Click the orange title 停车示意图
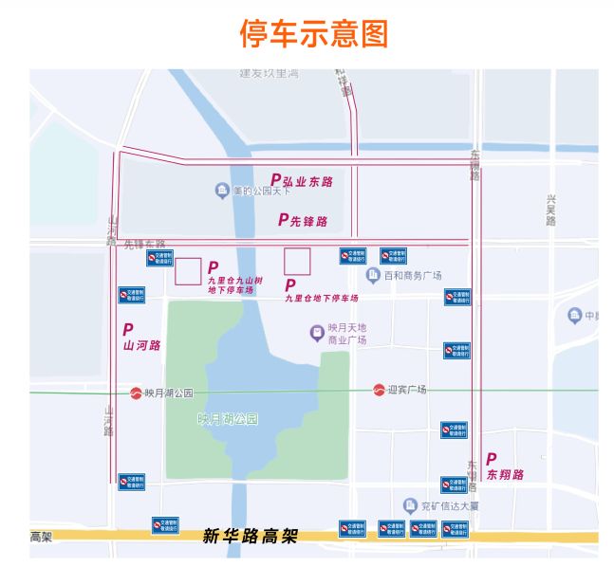point(313,35)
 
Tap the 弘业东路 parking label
point(302,180)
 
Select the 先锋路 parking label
point(303,221)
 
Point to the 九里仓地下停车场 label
point(321,298)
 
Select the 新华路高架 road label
point(251,537)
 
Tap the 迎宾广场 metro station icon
point(379,390)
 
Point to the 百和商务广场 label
point(413,276)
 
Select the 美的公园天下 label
point(261,191)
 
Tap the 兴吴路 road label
point(550,210)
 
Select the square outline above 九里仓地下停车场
point(297,261)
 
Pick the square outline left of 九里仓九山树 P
point(187,271)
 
